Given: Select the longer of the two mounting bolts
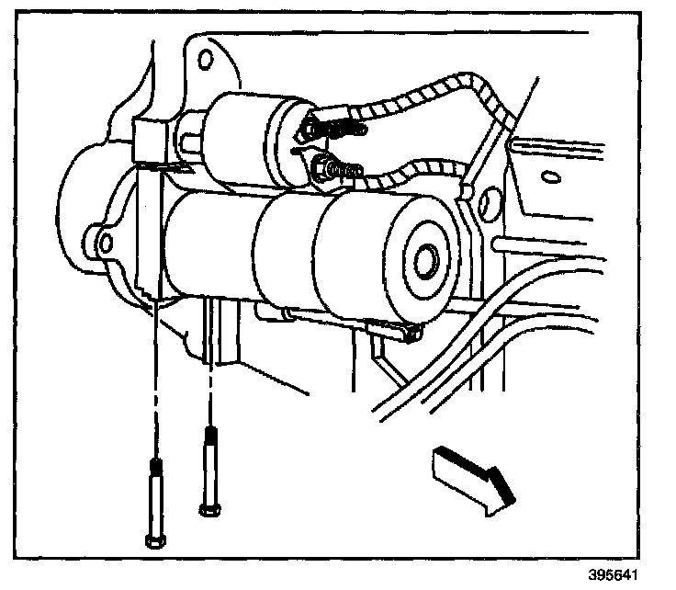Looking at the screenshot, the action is click(x=154, y=502).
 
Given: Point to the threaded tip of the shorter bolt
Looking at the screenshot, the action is click(x=211, y=438).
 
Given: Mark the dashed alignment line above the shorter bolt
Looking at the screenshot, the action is click(x=213, y=368).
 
